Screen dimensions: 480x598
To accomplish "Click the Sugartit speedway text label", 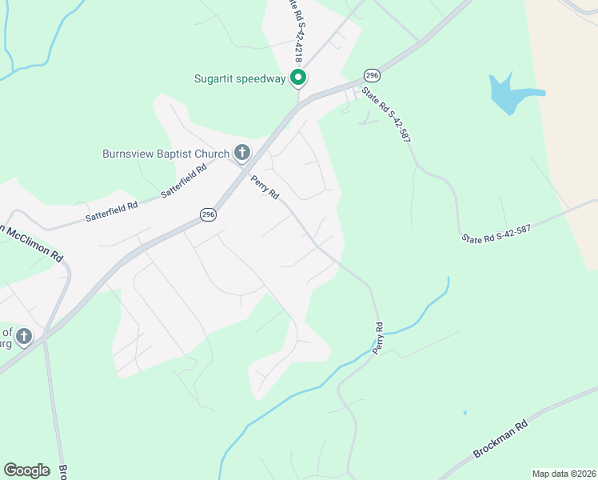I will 240,78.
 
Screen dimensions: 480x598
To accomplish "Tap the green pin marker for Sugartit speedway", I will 298,78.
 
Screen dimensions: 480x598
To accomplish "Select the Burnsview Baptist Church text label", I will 165,153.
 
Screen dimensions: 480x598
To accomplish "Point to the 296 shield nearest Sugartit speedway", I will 371,74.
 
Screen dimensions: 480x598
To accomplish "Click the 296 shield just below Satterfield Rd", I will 208,214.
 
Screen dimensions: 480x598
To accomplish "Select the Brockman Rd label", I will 501,439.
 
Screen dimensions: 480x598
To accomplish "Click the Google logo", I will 26,470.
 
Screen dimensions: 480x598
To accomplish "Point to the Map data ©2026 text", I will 563,473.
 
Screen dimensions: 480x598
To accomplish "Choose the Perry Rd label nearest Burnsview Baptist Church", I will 265,187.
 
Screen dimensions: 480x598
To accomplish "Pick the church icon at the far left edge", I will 24,337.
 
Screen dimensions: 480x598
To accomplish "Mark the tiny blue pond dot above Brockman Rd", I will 464,414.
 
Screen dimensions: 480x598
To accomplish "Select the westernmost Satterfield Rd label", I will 111,212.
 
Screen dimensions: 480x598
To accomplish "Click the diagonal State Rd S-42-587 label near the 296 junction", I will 386,114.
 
